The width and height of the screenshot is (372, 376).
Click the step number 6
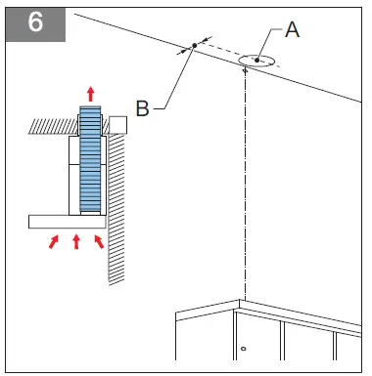tap(35, 21)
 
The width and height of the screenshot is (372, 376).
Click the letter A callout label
tap(292, 29)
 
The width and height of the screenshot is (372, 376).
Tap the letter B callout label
tap(142, 108)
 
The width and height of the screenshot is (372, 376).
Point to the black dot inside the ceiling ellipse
tap(257, 60)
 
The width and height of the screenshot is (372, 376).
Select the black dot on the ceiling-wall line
tap(195, 45)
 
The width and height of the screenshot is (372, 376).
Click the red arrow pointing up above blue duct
tap(91, 94)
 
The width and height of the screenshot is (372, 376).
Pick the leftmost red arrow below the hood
tap(54, 242)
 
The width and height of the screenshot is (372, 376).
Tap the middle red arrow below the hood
tap(76, 242)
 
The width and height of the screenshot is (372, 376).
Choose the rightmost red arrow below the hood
tap(99, 242)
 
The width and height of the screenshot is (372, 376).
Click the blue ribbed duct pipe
tap(90, 159)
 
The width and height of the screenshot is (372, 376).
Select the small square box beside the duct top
tap(117, 125)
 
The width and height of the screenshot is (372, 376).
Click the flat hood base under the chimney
tap(68, 222)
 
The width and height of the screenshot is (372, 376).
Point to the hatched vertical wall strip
tap(116, 209)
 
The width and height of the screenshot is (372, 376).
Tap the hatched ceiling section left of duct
tap(54, 126)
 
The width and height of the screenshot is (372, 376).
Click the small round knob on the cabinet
tap(243, 349)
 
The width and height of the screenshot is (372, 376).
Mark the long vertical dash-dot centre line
tap(245, 184)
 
